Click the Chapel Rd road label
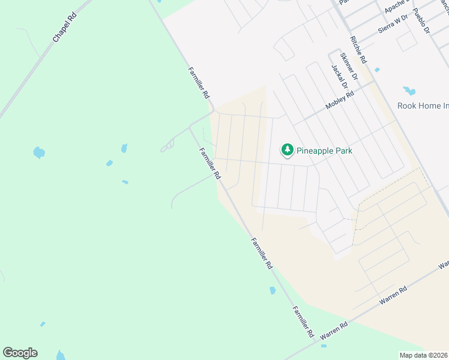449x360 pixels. pos(65,28)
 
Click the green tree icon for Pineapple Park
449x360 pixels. pos(288,150)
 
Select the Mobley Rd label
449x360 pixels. pos(340,97)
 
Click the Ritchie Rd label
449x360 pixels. pos(357,50)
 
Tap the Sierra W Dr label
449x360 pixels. pos(393,22)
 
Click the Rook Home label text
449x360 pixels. pos(423,106)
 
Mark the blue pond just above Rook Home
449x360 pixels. pos(409,91)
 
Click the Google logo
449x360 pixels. pos(20,353)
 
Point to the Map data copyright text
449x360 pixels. pos(424,355)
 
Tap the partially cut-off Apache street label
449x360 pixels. pos(396,7)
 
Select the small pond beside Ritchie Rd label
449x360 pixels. pos(377,70)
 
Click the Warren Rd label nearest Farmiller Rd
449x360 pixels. pos(334,331)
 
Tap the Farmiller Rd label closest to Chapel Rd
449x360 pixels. pos(199,83)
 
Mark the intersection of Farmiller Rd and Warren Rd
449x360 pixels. pos(316,341)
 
